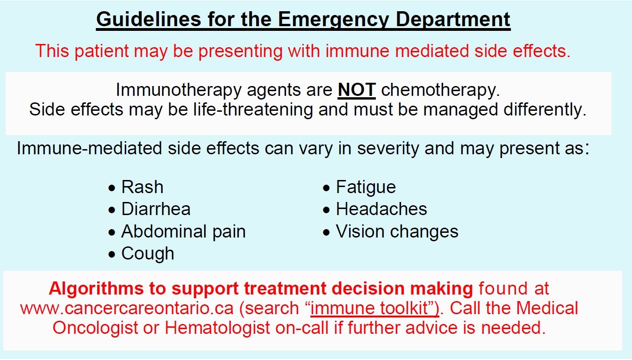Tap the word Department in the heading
(x=453, y=20)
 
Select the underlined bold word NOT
(x=357, y=90)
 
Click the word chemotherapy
(x=440, y=91)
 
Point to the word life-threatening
(x=253, y=109)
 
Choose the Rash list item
(x=142, y=187)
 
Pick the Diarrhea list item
(x=156, y=209)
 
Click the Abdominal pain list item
(x=183, y=231)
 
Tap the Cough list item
(x=148, y=254)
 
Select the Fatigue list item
(x=366, y=187)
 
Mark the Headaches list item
(x=381, y=209)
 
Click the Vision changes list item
(x=397, y=232)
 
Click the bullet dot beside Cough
(x=112, y=254)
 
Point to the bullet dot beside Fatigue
(x=326, y=188)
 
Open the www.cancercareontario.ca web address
(x=127, y=308)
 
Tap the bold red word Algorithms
(x=96, y=289)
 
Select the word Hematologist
(x=217, y=328)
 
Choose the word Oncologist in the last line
(x=95, y=328)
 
